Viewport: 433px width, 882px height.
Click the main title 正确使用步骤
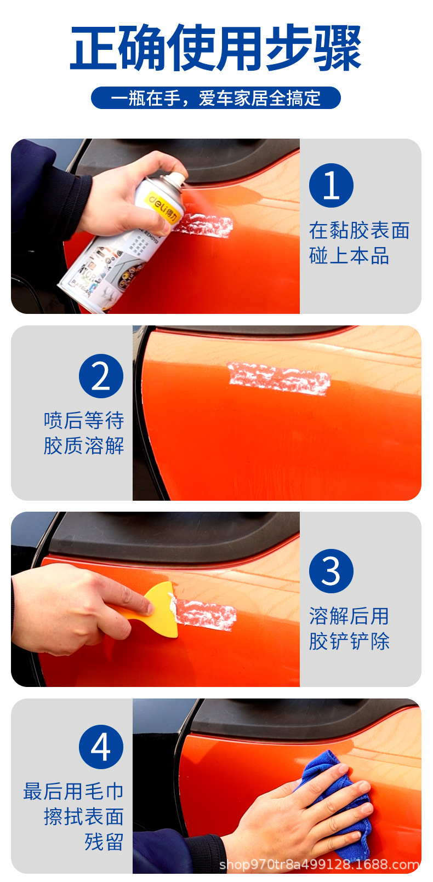point(216,49)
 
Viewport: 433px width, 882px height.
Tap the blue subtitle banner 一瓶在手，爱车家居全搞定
point(216,98)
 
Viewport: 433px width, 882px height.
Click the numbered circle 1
point(331,186)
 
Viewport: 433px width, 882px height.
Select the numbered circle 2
point(101,376)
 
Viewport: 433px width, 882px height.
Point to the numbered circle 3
point(331,571)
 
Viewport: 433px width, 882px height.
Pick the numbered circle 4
point(101,747)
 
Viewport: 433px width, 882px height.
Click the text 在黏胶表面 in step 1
point(359,231)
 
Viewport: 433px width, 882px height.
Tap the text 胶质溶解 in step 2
point(84,445)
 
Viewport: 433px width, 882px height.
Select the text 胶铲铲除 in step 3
point(349,641)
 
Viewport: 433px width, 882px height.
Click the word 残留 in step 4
point(104,841)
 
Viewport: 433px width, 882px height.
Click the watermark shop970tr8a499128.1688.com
point(319,864)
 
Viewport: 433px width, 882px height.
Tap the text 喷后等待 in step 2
point(84,420)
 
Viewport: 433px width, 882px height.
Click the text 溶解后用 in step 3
point(349,616)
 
